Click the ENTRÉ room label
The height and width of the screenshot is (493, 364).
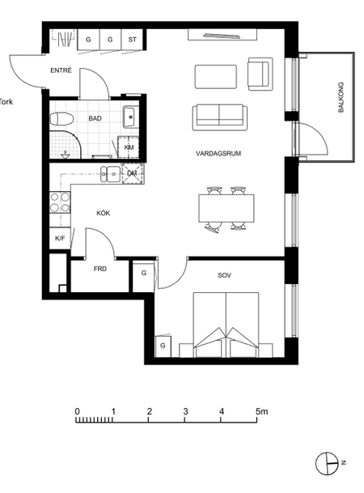(61, 70)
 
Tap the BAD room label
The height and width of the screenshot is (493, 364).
(95, 118)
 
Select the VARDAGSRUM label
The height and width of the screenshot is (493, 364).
(218, 154)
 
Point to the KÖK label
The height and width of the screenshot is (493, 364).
(104, 213)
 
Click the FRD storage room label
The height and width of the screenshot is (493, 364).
(99, 269)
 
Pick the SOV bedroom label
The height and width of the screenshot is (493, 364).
(224, 275)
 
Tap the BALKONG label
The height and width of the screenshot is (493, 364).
(341, 97)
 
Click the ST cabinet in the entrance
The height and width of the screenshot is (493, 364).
(132, 40)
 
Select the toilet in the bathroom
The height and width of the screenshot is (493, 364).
(61, 120)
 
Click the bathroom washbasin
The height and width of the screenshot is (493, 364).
(131, 117)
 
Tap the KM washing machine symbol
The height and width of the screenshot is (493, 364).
(129, 147)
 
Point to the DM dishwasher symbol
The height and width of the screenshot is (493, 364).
(133, 173)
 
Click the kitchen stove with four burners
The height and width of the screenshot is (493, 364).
(60, 202)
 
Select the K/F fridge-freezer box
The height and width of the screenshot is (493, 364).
(60, 238)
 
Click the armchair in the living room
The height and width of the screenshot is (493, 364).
(260, 74)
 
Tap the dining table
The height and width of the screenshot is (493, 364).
(226, 208)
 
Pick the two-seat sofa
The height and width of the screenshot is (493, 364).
(219, 117)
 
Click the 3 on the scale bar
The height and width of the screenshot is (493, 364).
(185, 411)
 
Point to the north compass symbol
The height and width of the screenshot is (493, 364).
(328, 463)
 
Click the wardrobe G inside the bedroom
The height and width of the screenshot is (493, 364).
(163, 346)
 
